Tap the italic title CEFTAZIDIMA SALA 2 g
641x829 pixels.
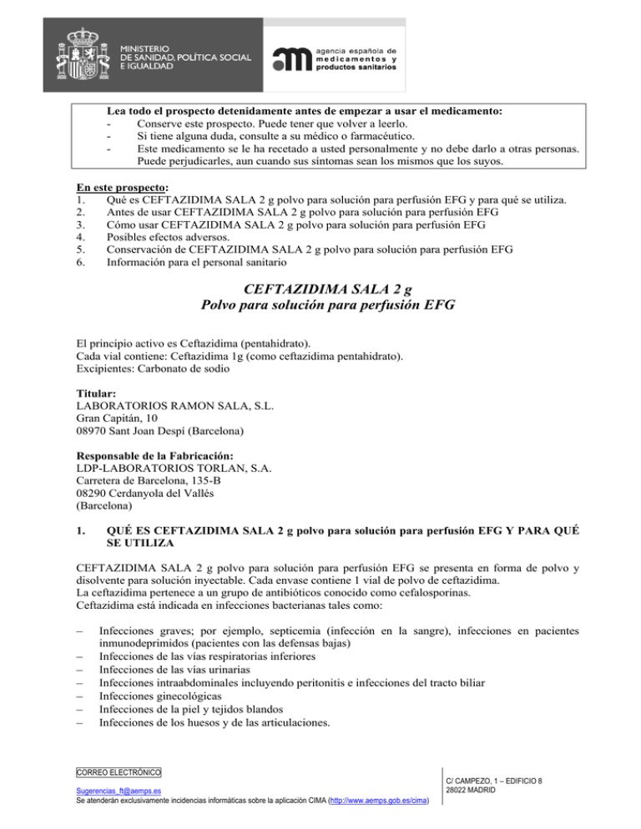point(320,290)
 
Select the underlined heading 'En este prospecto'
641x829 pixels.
point(123,188)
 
